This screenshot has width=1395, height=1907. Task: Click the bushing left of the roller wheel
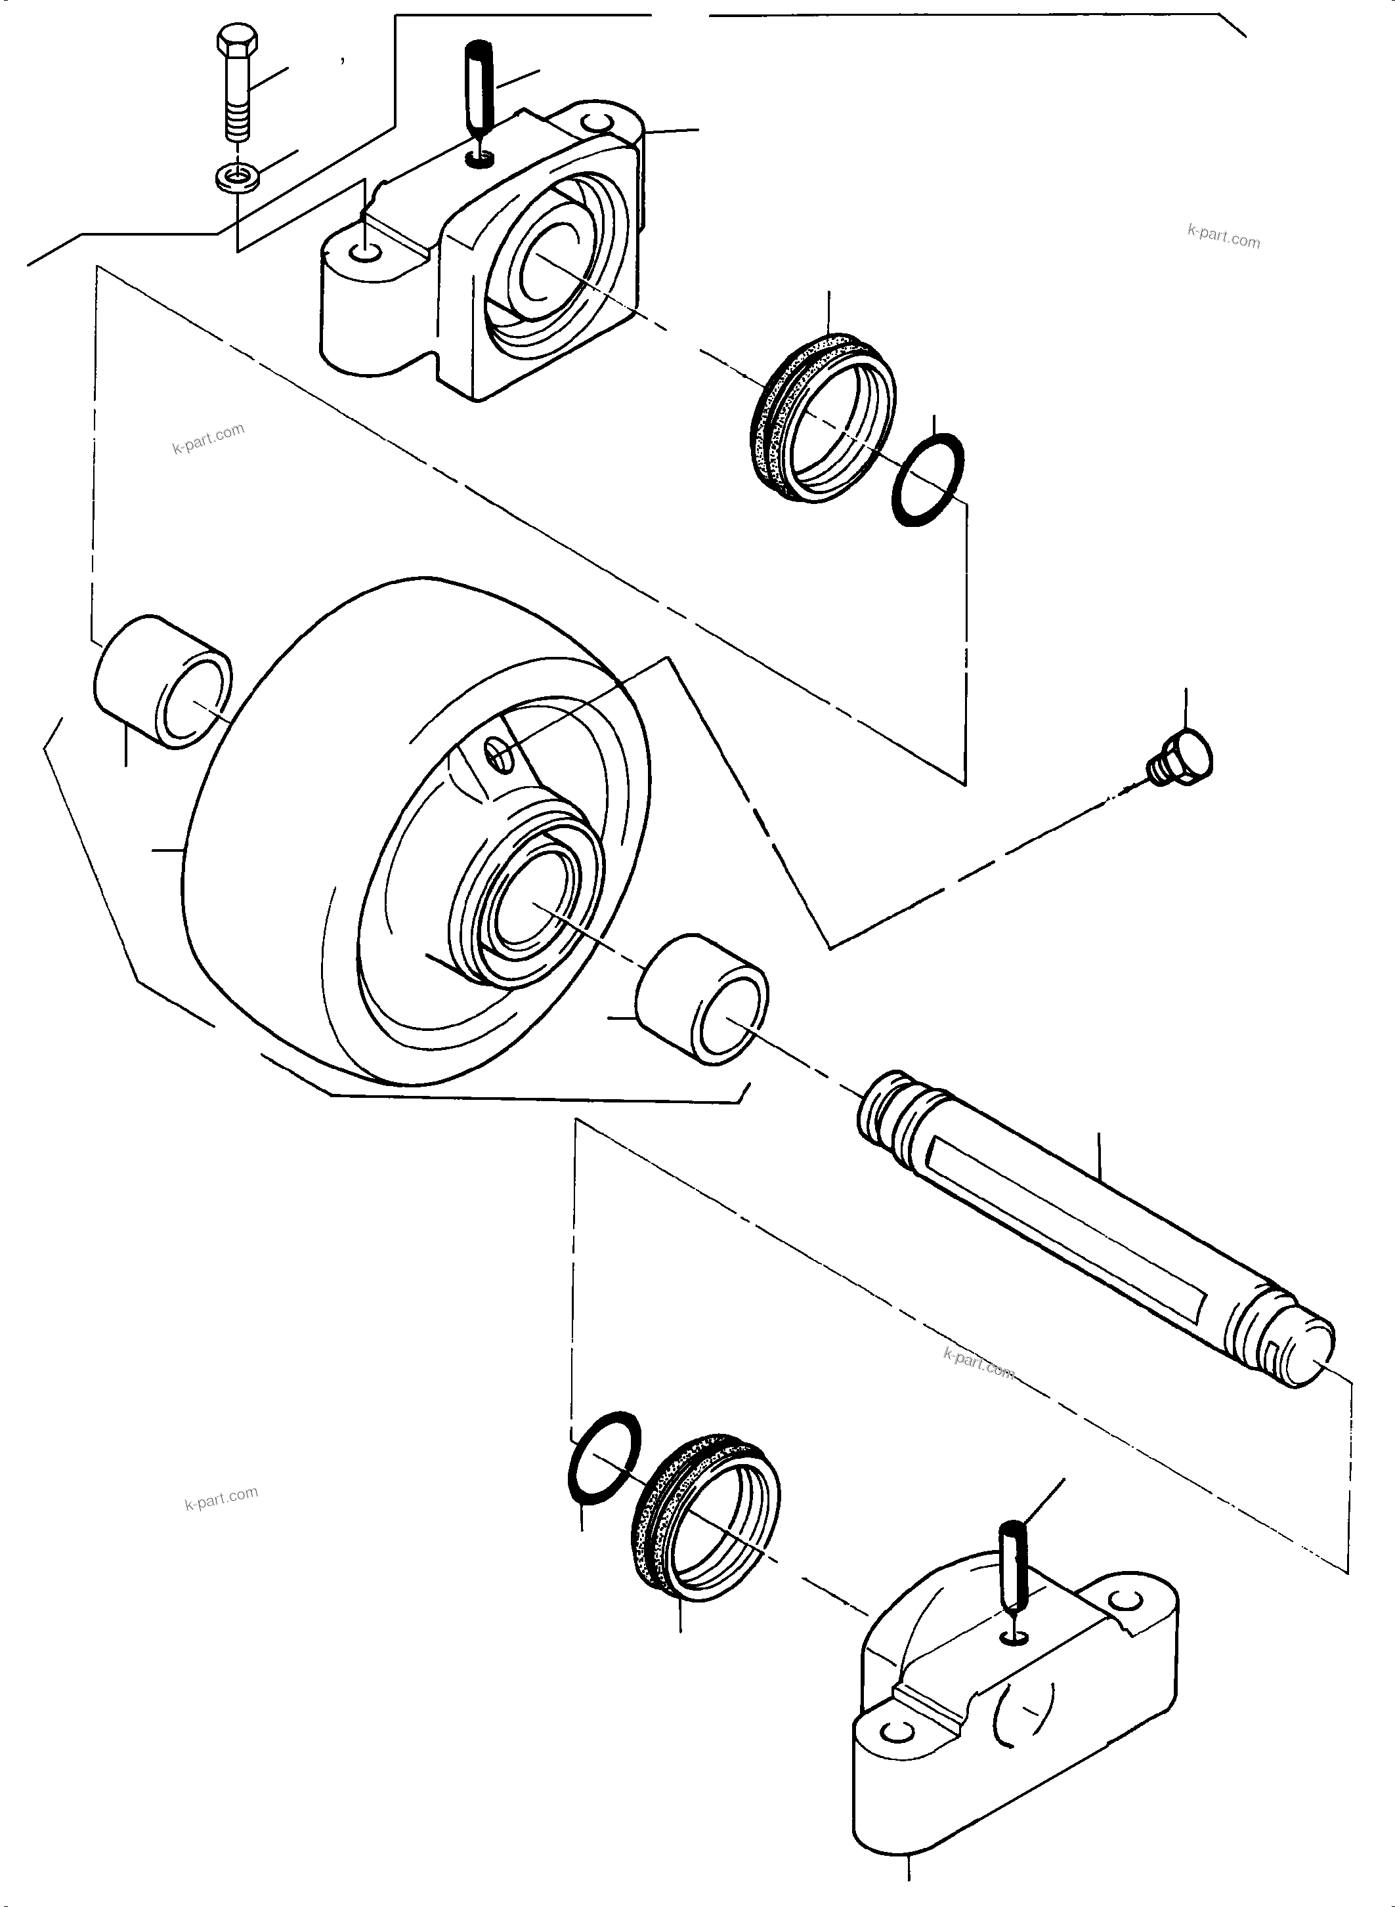[x=162, y=682]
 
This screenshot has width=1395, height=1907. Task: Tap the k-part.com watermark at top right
[x=1223, y=236]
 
